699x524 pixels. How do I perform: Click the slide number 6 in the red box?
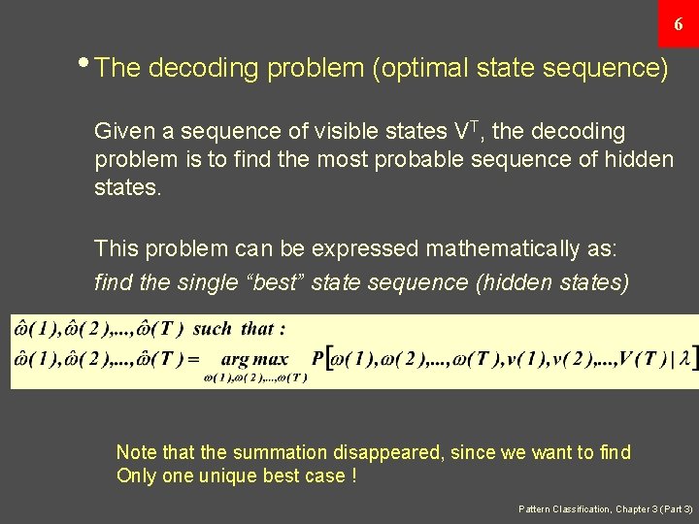(x=679, y=23)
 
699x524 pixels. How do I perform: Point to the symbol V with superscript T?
(x=465, y=130)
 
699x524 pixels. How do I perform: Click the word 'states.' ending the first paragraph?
(x=127, y=186)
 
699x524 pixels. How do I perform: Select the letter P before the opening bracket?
(x=317, y=359)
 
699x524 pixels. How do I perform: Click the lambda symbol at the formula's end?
(x=684, y=359)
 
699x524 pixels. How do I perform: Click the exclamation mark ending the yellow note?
(x=353, y=475)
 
